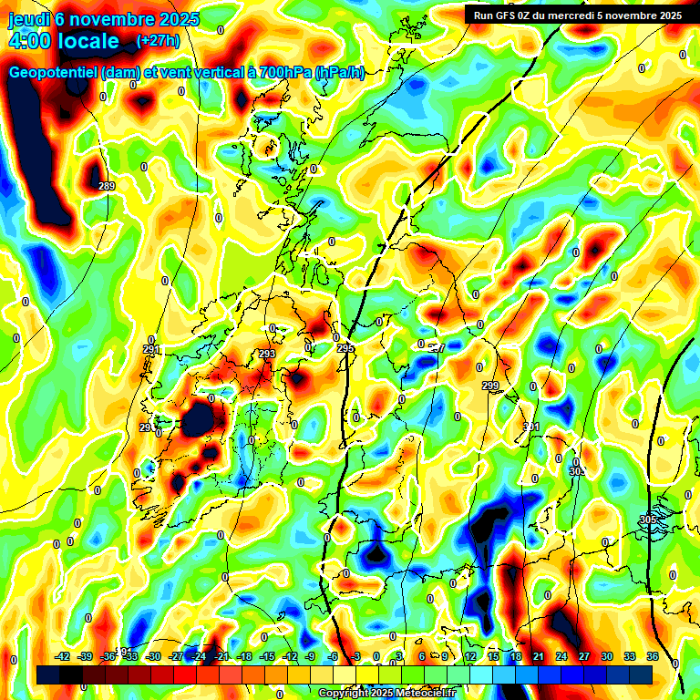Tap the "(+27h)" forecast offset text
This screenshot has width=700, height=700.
tap(158, 40)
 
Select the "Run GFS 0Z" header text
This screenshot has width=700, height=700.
tap(508, 15)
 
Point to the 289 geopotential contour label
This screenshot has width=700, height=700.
tap(107, 187)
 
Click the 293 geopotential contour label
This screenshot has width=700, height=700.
tap(267, 354)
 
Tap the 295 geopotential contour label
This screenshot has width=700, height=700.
tap(345, 348)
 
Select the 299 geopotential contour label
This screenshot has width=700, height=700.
tap(490, 386)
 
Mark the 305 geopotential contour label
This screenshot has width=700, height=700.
tap(648, 520)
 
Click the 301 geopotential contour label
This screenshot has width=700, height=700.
tap(531, 427)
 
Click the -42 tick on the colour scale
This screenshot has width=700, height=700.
tap(63, 655)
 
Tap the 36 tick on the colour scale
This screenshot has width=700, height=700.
tap(653, 655)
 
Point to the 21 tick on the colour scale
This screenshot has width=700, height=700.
tap(539, 655)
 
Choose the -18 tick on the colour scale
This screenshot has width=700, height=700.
tap(244, 655)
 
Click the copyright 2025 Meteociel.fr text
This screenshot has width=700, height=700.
tap(386, 693)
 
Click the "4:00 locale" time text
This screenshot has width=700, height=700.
tap(64, 41)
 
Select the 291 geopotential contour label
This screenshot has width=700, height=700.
tap(151, 349)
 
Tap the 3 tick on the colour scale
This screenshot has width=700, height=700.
tap(399, 655)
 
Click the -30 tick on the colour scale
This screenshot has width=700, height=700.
tap(154, 655)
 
